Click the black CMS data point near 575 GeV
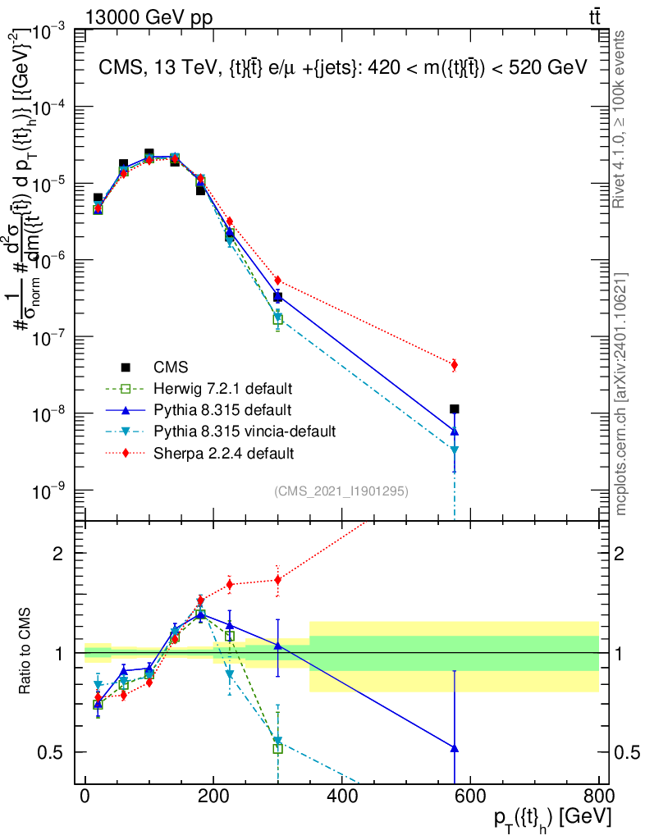pyautogui.click(x=455, y=409)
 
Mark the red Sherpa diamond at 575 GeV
pyautogui.click(x=455, y=364)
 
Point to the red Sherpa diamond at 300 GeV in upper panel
pyautogui.click(x=278, y=281)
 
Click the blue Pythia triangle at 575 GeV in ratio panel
pyautogui.click(x=455, y=748)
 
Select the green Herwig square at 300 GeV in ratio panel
pyautogui.click(x=278, y=748)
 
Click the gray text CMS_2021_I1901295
pyautogui.click(x=341, y=491)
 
